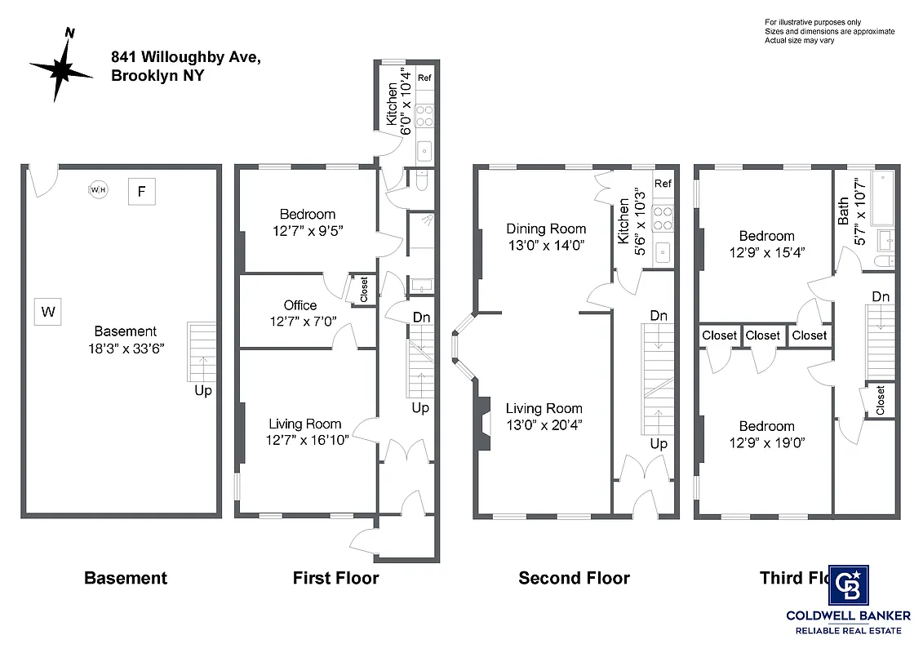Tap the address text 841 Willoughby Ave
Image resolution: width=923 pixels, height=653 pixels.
pyautogui.click(x=186, y=57)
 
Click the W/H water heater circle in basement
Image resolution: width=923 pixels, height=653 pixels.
pyautogui.click(x=98, y=190)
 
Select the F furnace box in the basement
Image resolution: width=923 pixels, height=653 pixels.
pyautogui.click(x=141, y=192)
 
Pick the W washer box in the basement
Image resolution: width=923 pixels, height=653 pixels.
pyautogui.click(x=48, y=311)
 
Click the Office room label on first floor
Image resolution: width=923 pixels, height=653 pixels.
pyautogui.click(x=300, y=305)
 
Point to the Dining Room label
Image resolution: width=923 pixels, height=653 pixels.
pyautogui.click(x=546, y=229)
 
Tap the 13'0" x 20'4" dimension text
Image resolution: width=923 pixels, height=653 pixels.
pyautogui.click(x=544, y=424)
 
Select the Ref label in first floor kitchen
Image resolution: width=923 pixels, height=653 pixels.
pyautogui.click(x=424, y=78)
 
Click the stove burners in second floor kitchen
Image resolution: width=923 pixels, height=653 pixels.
pyautogui.click(x=663, y=216)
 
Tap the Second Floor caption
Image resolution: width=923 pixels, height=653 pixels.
pyautogui.click(x=574, y=579)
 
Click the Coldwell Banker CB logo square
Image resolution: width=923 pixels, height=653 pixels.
pyautogui.click(x=849, y=585)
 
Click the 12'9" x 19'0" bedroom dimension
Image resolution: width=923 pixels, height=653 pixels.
pyautogui.click(x=766, y=442)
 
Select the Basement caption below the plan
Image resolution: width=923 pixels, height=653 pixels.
pyautogui.click(x=126, y=579)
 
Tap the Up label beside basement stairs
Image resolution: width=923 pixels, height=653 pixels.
pyautogui.click(x=203, y=391)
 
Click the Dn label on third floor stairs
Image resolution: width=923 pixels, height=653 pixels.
pyautogui.click(x=880, y=296)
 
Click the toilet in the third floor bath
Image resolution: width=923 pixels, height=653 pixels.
pyautogui.click(x=884, y=261)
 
